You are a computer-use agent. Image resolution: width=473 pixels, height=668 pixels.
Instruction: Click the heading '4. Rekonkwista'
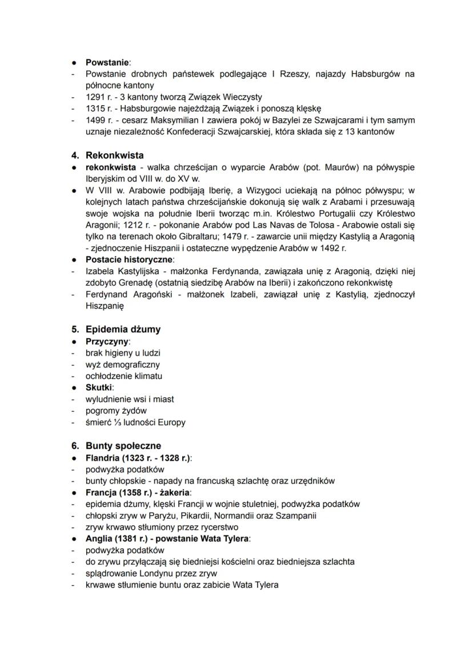click(114, 155)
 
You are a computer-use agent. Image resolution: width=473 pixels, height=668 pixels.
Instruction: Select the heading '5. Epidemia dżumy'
click(123, 329)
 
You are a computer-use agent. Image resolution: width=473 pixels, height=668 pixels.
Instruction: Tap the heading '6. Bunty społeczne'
click(123, 446)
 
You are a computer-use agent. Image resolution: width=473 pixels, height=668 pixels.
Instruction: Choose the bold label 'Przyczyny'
click(107, 341)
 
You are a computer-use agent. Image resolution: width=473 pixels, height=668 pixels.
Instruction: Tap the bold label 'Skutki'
click(99, 387)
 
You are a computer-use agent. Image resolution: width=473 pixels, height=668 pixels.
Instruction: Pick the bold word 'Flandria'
click(103, 458)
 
